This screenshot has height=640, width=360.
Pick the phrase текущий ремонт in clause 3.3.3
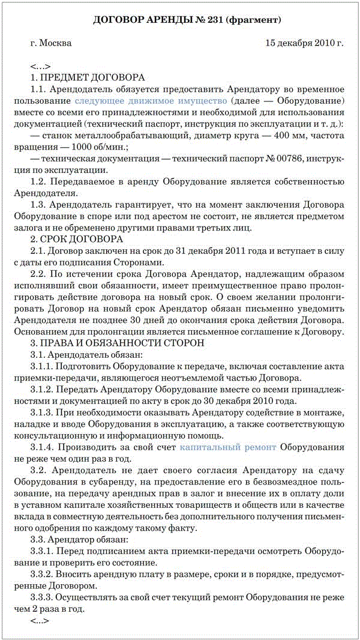[196, 597]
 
